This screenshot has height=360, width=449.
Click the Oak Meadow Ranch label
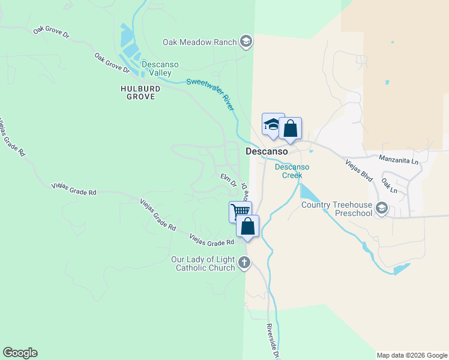(x=199, y=42)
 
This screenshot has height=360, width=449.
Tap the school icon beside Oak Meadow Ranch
(x=245, y=41)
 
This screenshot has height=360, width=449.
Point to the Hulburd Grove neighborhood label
(x=140, y=92)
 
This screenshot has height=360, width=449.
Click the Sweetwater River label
(x=209, y=93)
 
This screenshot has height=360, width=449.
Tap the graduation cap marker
(x=273, y=124)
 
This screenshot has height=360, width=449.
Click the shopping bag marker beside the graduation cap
(x=290, y=128)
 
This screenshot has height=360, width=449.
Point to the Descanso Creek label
(x=292, y=171)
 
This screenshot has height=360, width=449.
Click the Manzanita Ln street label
(x=399, y=159)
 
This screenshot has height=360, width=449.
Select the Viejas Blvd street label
(x=360, y=170)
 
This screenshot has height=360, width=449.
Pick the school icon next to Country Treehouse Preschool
(x=381, y=209)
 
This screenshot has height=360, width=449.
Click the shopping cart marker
(x=240, y=211)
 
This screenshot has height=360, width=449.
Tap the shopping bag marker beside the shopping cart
(x=247, y=226)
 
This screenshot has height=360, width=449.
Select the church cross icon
(x=244, y=262)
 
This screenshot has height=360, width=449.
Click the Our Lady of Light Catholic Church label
(x=204, y=263)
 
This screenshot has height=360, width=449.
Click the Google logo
(x=20, y=353)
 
